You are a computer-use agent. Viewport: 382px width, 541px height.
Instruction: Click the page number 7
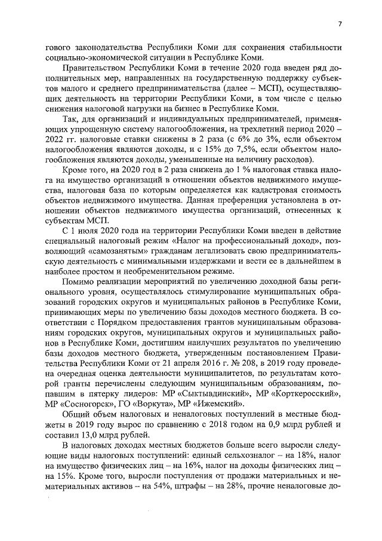[339, 25]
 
